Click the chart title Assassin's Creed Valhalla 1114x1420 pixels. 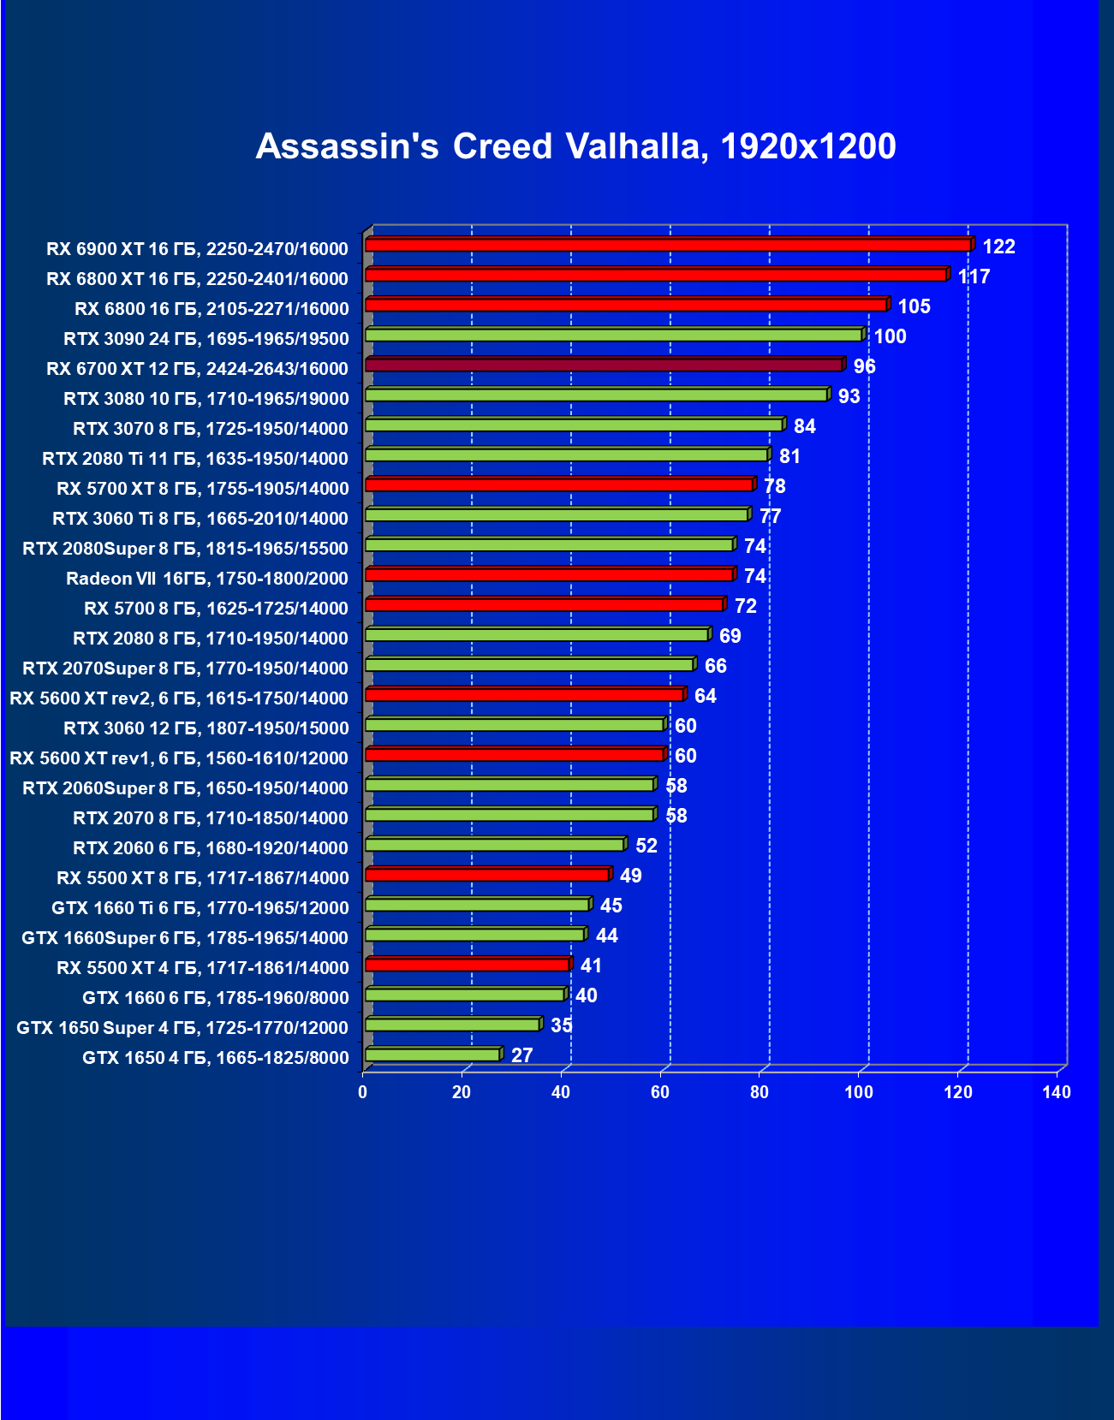[x=575, y=146]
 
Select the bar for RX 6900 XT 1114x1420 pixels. [x=668, y=245]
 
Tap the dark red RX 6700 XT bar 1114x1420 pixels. [x=604, y=365]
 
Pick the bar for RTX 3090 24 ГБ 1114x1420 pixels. [x=614, y=335]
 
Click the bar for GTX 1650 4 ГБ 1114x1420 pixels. [x=432, y=1055]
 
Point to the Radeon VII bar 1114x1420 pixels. [x=550, y=574]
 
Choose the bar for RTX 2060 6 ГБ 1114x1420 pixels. [x=495, y=845]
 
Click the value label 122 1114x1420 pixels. [x=998, y=247]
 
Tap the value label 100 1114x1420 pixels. [x=890, y=336]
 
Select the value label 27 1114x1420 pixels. [x=521, y=1055]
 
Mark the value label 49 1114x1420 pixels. [x=630, y=876]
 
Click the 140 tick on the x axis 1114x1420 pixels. [x=1057, y=1092]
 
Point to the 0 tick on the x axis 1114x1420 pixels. [x=363, y=1092]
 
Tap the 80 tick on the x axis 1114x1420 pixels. [x=759, y=1092]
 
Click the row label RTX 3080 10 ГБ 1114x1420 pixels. [x=206, y=399]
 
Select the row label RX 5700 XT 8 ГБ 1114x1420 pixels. [x=203, y=489]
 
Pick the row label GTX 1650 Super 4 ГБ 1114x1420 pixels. [x=182, y=1028]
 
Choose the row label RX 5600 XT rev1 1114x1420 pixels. [x=179, y=758]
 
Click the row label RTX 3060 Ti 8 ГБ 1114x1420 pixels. [x=200, y=519]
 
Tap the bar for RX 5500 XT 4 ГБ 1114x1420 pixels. [x=468, y=965]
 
